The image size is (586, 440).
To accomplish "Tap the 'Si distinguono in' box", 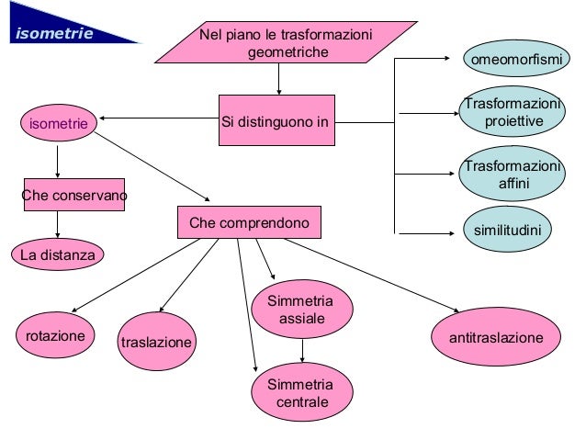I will tap(276, 120).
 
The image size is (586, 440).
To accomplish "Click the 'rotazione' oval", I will tap(55, 335).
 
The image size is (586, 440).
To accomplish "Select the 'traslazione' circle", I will tap(157, 342).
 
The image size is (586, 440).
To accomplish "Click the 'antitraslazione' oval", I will tap(495, 338).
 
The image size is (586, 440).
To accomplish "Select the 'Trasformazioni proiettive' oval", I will tap(513, 113).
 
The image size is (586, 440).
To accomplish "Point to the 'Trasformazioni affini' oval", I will tap(513, 175).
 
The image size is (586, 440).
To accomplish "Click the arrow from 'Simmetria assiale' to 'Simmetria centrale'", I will tap(302, 348).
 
